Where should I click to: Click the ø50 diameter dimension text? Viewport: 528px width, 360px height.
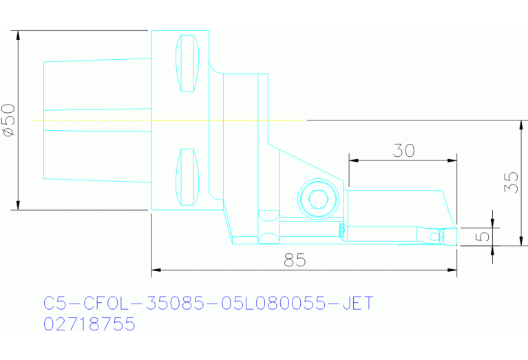click(x=8, y=120)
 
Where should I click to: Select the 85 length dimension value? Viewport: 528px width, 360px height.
click(x=295, y=260)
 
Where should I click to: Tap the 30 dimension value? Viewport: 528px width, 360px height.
click(x=403, y=151)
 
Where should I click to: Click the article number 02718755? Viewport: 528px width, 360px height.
click(x=89, y=324)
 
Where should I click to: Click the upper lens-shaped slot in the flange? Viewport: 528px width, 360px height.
click(x=187, y=63)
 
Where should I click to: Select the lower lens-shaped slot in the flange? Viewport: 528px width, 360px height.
click(x=187, y=177)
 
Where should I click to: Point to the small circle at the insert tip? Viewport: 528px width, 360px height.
click(x=434, y=237)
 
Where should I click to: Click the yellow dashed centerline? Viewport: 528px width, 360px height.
click(x=165, y=120)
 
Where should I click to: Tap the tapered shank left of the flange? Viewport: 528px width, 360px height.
click(x=96, y=120)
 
